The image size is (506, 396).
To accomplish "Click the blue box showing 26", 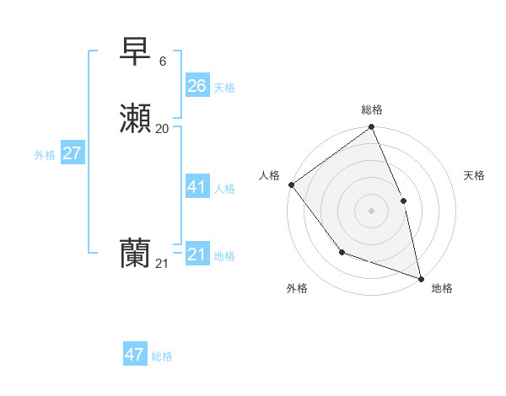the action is [x=196, y=86].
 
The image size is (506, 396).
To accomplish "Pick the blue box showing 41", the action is [x=196, y=187].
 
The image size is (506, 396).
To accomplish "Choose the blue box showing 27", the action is [x=72, y=153].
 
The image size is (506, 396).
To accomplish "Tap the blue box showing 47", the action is [x=135, y=355].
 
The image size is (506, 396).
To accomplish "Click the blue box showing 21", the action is [x=196, y=254].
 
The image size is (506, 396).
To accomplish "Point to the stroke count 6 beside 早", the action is [x=163, y=62].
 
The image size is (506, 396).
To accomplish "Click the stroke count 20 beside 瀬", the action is [x=163, y=128].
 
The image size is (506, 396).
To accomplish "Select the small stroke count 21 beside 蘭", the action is [x=162, y=264].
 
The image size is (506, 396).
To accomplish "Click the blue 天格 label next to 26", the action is [x=224, y=88].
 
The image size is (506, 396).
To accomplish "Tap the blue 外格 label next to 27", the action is [x=45, y=155].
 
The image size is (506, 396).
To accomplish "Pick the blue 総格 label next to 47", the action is [x=162, y=356].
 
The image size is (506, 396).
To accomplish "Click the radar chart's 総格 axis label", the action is [x=372, y=110].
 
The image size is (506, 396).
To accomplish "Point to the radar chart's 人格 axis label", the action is [x=270, y=174].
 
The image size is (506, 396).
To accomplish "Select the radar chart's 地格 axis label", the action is [x=442, y=288].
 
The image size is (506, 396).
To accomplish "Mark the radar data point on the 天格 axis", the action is [x=403, y=201].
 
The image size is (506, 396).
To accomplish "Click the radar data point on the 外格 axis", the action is [x=342, y=252].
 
